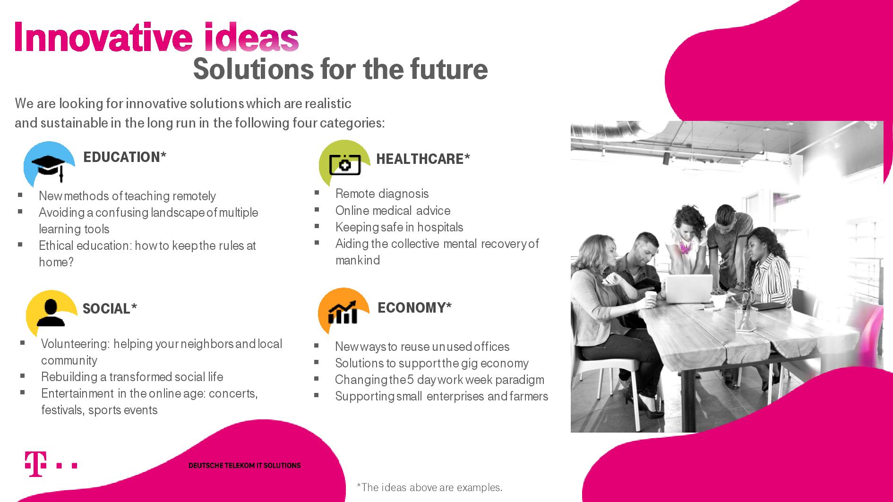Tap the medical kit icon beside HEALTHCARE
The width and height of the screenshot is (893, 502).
pos(344,164)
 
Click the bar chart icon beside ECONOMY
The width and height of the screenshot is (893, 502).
pos(343,312)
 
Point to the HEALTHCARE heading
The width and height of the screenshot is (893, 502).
pos(423,159)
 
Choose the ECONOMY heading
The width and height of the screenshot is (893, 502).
pos(414,308)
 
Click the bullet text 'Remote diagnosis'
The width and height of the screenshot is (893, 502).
pos(382,194)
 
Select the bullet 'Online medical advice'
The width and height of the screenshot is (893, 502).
pos(393,211)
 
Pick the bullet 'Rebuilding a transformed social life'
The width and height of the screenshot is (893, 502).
pos(132,377)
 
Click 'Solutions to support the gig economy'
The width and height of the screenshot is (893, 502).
pos(431,363)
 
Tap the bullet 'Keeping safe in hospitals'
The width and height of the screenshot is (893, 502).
pos(399,227)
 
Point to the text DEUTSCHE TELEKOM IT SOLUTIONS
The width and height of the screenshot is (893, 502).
pos(244,466)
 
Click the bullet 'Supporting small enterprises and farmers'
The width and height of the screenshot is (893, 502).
pos(441,396)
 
